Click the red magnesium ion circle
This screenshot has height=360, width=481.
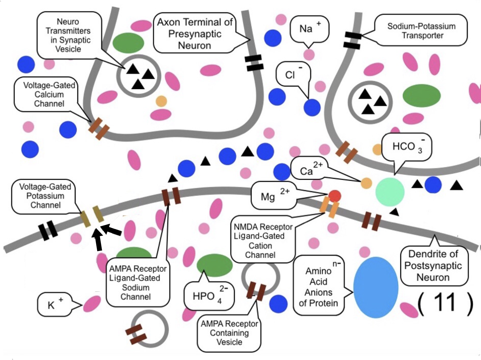[335, 196]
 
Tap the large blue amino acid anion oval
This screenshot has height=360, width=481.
[376, 287]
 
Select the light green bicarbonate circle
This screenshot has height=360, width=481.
[390, 192]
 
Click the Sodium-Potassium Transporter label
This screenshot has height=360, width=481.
[421, 31]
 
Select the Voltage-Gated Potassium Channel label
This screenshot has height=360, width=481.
[45, 196]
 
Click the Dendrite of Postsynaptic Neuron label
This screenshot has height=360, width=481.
[433, 266]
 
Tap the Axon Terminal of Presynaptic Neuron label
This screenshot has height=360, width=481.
[194, 34]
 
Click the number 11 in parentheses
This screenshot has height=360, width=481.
[445, 302]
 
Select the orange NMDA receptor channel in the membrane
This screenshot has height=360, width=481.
[329, 207]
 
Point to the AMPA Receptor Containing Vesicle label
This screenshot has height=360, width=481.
[229, 333]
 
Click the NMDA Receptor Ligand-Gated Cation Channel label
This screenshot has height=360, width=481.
[263, 241]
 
